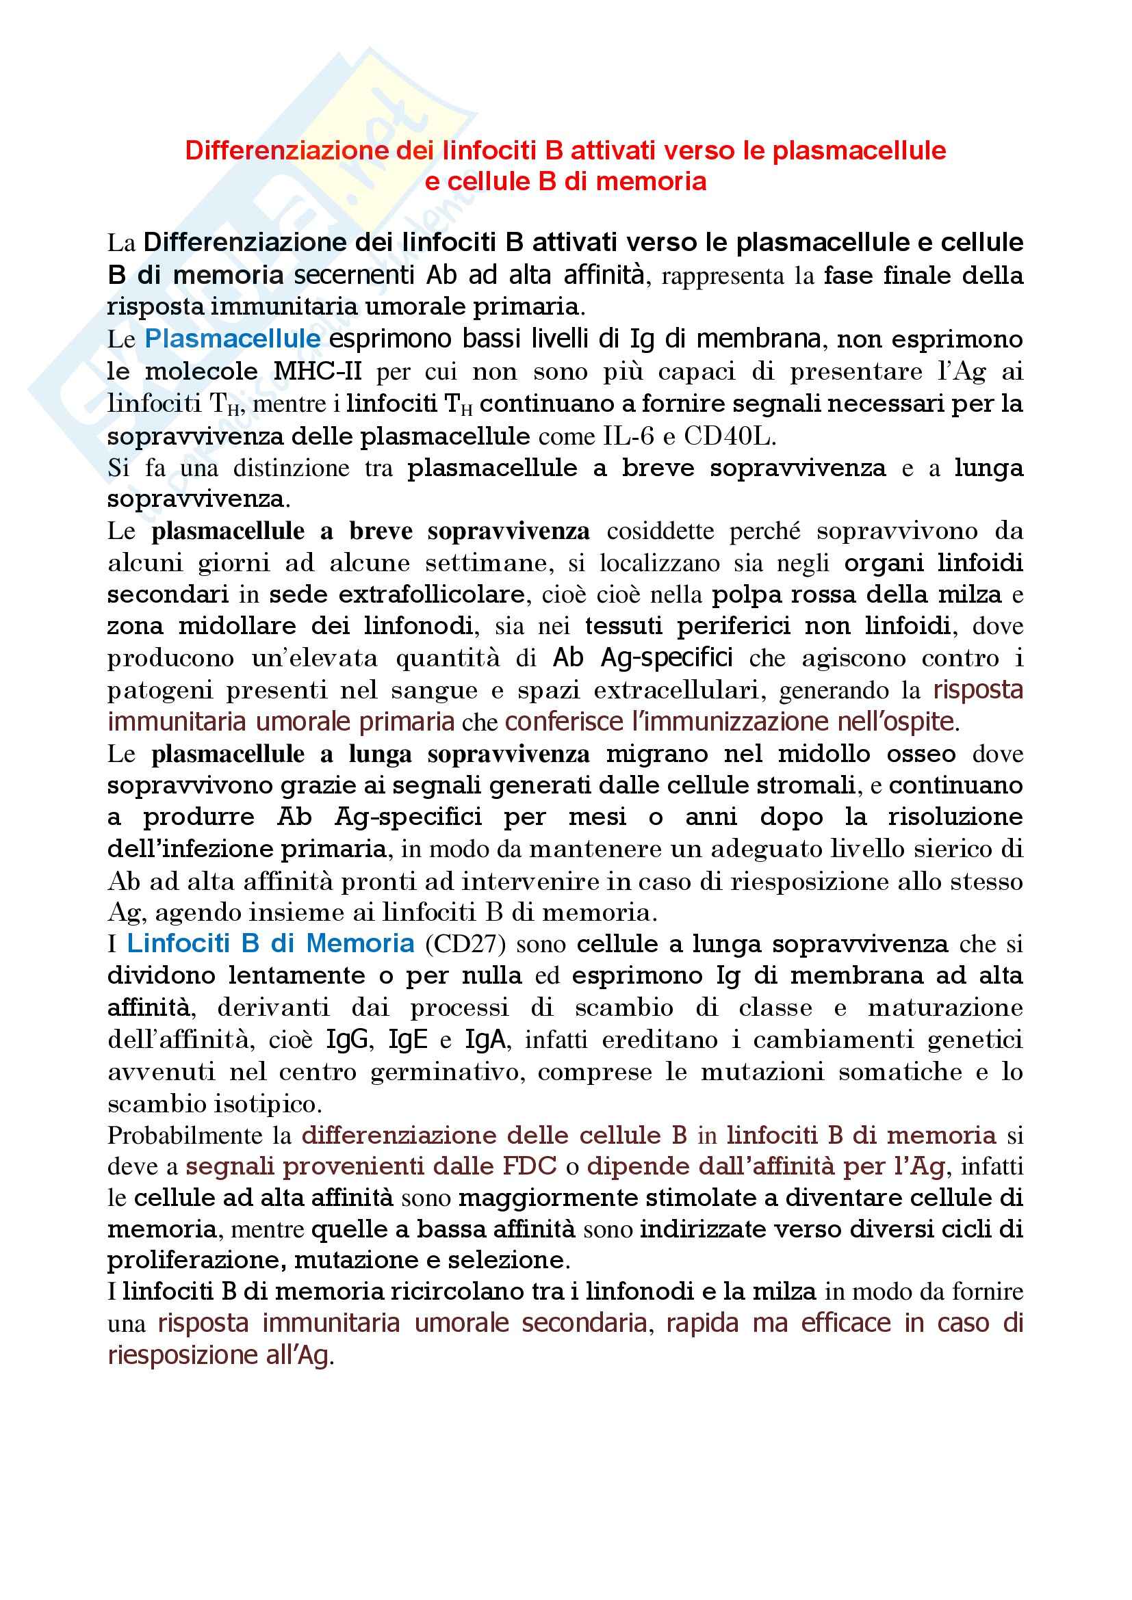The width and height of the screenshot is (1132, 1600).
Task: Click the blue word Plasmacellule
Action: pyautogui.click(x=233, y=339)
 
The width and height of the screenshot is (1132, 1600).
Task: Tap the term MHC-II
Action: pyautogui.click(x=317, y=371)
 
